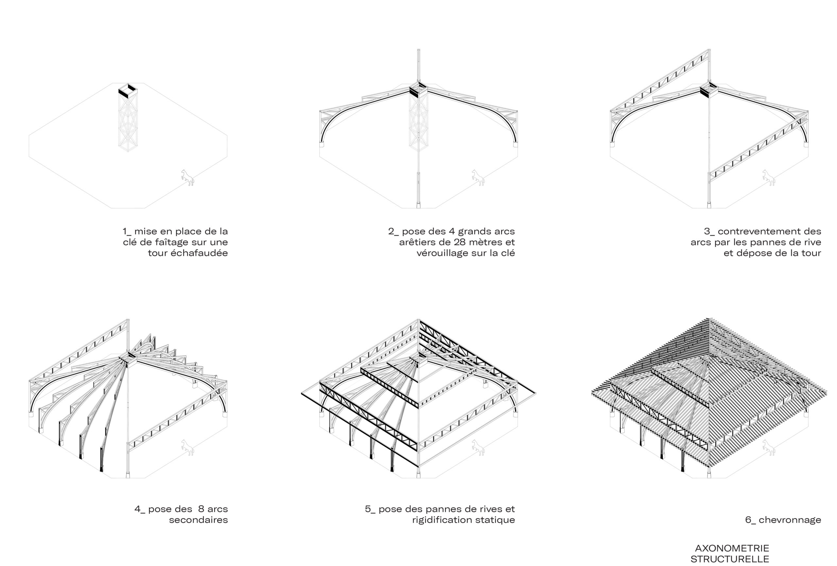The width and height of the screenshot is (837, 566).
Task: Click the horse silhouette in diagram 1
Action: [x=188, y=177]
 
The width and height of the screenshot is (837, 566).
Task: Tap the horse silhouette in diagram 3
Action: [x=768, y=177]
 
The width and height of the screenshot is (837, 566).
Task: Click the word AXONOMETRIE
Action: [x=732, y=548]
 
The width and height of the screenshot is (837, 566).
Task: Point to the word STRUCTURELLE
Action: [x=730, y=559]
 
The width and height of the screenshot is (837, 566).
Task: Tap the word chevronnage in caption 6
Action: [x=790, y=520]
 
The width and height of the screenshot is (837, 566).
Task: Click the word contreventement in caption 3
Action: [x=754, y=231]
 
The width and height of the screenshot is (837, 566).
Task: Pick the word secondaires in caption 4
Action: [x=198, y=520]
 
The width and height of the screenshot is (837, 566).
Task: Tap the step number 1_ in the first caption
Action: [x=127, y=231]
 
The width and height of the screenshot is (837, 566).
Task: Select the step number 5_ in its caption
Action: [x=370, y=509]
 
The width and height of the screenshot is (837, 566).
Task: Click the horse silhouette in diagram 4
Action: [x=188, y=447]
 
